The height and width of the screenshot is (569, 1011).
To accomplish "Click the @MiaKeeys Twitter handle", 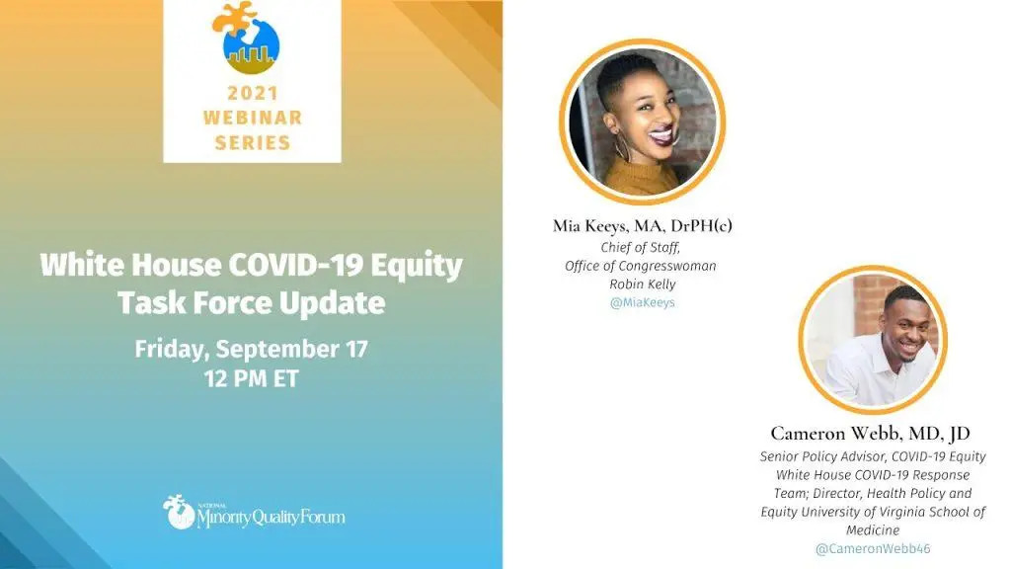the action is click(x=642, y=302).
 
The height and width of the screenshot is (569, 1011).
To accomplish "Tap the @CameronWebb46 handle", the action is click(x=873, y=549).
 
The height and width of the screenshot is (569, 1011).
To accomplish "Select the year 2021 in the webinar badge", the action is click(x=253, y=94).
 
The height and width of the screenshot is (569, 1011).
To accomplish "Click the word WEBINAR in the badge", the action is click(x=253, y=119).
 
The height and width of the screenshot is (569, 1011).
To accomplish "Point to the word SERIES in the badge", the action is click(x=253, y=142).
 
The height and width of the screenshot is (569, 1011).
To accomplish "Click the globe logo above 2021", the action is click(x=247, y=38).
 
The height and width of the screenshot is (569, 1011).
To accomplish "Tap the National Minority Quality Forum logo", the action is click(x=254, y=513).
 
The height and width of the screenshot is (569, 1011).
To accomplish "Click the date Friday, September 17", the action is click(x=252, y=349).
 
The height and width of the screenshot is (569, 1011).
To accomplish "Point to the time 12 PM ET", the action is click(x=252, y=378).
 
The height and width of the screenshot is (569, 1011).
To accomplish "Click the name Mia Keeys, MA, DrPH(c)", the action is click(x=642, y=226).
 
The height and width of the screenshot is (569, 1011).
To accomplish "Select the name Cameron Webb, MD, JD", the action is click(x=871, y=433).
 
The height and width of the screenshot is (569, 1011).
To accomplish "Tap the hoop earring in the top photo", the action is click(x=622, y=149).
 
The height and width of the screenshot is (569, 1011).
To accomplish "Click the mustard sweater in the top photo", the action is click(x=642, y=178).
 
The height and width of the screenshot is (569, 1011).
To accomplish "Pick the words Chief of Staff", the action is click(x=640, y=248).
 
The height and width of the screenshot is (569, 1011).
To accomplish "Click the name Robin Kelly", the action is click(x=642, y=284).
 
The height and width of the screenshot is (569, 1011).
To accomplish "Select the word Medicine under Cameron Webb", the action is click(x=873, y=530).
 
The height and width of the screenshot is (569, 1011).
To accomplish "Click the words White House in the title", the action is click(x=131, y=265).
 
